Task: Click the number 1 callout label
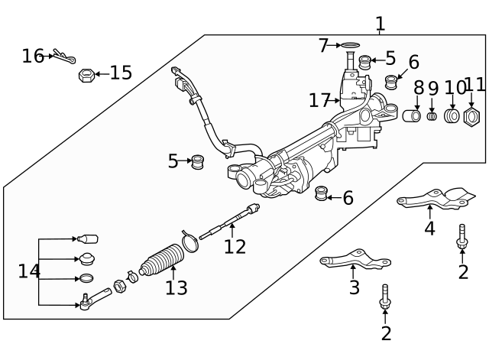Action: pos(380,24)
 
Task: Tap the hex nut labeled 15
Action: pos(86,75)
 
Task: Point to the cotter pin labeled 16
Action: pos(64,57)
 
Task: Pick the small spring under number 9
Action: pos(432,116)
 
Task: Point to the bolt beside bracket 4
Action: pos(462,236)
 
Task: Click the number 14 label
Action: pos(29,271)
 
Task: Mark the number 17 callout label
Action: pos(319,100)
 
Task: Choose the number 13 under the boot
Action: pos(176,288)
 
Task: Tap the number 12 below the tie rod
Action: pos(235,247)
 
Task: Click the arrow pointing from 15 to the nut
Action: pos(102,74)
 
